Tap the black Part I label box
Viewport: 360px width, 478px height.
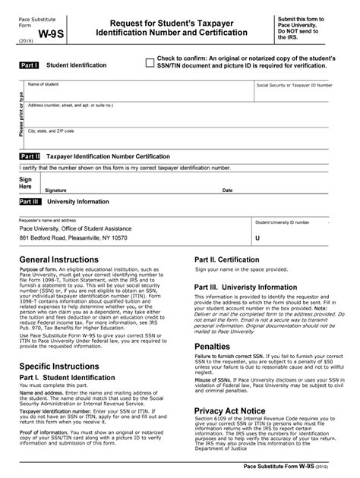pos(30,66)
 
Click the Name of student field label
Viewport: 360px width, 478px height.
pos(44,83)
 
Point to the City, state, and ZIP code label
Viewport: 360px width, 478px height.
pos(51,131)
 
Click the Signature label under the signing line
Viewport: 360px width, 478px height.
pos(55,190)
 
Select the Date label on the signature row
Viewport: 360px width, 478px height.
pos(227,190)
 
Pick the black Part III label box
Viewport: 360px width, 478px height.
pos(30,203)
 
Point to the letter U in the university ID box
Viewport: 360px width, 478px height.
pos(258,237)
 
